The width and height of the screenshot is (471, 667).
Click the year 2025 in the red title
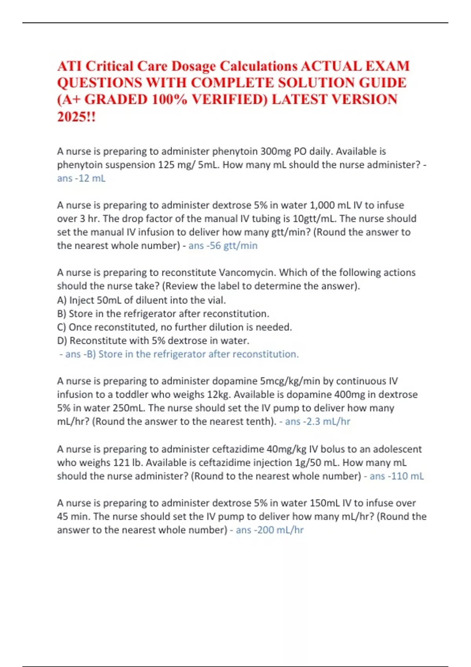[x=72, y=117]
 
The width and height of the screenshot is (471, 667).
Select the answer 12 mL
[x=92, y=178]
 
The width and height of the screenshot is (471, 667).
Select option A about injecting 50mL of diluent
[x=141, y=300]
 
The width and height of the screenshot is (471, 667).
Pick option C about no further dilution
[x=174, y=327]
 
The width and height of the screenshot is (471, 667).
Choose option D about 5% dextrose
[x=153, y=341]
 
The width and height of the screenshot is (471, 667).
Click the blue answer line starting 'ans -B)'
[x=179, y=354]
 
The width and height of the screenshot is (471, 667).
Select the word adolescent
[x=397, y=449]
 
